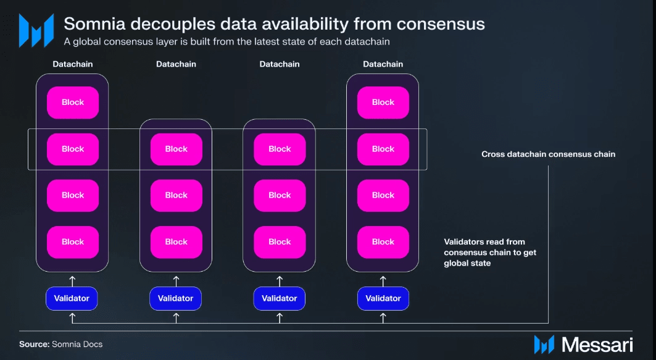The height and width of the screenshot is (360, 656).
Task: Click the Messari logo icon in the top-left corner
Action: point(36,29)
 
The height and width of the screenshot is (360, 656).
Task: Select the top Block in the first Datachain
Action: point(73,103)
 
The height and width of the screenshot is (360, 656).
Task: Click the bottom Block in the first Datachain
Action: point(73,242)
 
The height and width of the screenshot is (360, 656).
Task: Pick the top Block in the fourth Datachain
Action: point(383,103)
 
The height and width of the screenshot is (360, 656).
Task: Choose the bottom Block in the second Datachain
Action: point(176,242)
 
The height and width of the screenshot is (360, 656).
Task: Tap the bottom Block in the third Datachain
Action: point(280,242)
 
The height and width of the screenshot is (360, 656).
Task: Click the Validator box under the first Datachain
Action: point(72,298)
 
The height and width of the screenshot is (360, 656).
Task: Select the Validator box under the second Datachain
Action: point(175,298)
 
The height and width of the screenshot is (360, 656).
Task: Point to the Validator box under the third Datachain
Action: point(280,298)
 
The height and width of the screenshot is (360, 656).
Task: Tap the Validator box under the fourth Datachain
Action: point(383,298)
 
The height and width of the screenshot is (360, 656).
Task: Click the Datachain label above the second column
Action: point(176,64)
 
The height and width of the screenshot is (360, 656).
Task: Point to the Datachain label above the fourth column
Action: point(383,64)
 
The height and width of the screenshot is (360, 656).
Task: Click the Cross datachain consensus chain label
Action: point(548,154)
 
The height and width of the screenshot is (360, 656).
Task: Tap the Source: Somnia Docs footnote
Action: point(60,344)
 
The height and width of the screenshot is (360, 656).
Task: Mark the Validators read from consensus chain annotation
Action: point(490,253)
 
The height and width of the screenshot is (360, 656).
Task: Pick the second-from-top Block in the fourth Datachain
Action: point(383,149)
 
